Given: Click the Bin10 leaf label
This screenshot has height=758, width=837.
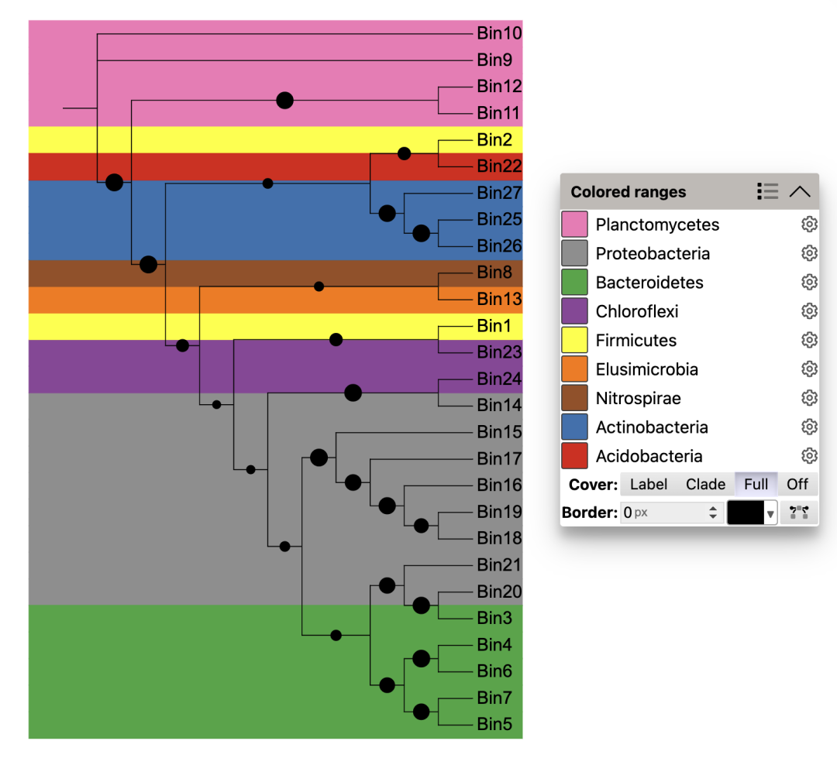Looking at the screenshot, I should point(499,33).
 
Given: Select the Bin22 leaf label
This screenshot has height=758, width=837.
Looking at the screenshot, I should point(499,166).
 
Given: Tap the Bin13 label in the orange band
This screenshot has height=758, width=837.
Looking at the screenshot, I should point(499,299).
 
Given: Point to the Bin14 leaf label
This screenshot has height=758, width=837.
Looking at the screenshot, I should point(499,405).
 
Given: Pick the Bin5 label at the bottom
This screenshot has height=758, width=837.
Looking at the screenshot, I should point(494,725).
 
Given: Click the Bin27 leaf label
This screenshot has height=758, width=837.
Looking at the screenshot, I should point(499,193).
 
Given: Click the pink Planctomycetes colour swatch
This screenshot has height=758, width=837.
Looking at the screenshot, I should point(574,225).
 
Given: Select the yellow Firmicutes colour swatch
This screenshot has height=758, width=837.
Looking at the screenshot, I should point(574,341).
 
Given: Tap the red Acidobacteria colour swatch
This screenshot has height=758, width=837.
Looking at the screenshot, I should point(574,456).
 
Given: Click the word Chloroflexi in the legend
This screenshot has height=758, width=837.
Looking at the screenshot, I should point(636,312).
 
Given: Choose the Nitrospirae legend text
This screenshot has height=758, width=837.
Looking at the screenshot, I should point(638,399).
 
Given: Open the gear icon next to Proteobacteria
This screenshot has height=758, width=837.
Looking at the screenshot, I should point(809,253).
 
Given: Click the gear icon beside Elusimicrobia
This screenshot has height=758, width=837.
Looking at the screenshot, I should point(809,369).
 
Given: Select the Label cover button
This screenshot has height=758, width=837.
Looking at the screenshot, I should point(649,485).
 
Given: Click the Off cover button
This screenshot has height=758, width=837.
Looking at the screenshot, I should point(797,485).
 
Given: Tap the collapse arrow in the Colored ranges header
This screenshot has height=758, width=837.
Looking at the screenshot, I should point(800,192).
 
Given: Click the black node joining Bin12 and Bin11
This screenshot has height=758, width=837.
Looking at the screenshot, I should point(284,100).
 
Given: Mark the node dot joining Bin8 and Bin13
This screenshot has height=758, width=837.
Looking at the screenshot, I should point(319,286).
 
